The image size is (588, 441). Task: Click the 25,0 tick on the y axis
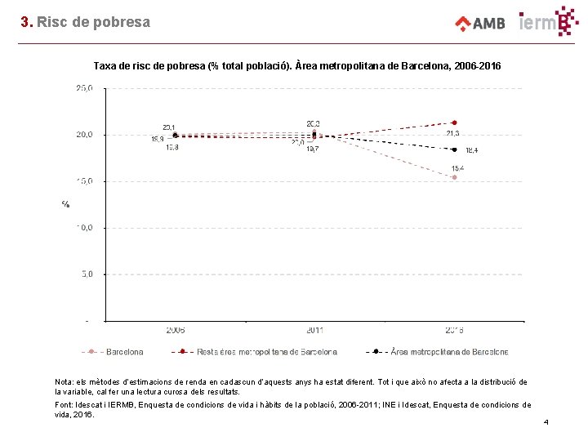pos(83,87)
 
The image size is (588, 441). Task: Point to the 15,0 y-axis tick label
pos(83,180)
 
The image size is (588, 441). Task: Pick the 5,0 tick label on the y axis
pos(86,274)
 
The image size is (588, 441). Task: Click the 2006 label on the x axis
pos(175,330)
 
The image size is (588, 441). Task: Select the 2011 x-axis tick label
pos(314,330)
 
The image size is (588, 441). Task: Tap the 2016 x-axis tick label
pos(454,330)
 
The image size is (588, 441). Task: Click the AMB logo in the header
pos(480,23)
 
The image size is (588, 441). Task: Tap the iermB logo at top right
pos(549,21)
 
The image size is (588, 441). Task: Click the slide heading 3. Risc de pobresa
pos(86,22)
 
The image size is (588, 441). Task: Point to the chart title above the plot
pos(297,65)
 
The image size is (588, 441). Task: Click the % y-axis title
pos(65,203)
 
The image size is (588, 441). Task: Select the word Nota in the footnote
pos(64,382)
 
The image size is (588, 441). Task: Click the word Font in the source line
pos(64,405)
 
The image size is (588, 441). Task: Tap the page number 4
pos(546,422)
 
